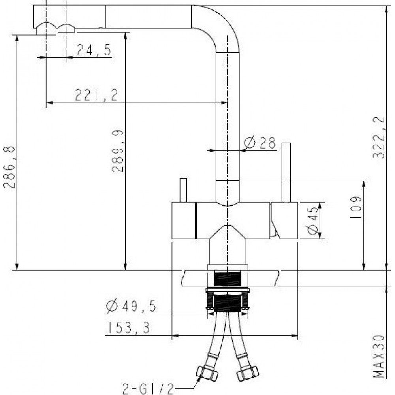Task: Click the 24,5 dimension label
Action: (x=94, y=50)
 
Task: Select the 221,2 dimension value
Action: (x=96, y=95)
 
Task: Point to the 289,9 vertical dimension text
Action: (x=118, y=151)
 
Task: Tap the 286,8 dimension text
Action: (x=9, y=167)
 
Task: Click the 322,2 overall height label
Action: (x=379, y=137)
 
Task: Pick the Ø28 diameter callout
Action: (x=260, y=143)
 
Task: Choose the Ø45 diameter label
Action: (x=312, y=221)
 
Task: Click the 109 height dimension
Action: (x=356, y=207)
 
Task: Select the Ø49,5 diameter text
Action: (x=131, y=306)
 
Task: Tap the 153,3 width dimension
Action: (x=129, y=328)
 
